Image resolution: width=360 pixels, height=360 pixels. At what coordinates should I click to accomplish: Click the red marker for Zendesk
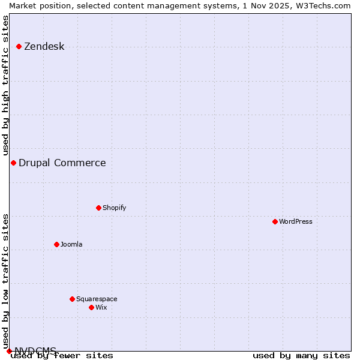coord(19,46)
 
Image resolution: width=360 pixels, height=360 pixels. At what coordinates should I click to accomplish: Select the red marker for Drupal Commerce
coord(13,163)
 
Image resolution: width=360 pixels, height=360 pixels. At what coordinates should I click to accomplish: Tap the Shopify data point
coord(98,208)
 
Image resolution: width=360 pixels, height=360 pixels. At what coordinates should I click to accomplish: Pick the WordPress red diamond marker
coord(275,221)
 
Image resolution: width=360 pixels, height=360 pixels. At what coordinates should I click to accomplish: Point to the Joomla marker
coord(56,244)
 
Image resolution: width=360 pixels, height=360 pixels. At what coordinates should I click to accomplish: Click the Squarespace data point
coord(72,299)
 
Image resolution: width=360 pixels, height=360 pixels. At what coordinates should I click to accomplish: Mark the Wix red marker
coord(91,307)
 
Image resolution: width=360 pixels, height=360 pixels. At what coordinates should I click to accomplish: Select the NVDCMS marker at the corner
coord(9,351)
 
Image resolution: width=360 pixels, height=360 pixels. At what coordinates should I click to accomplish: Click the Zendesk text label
coord(44,46)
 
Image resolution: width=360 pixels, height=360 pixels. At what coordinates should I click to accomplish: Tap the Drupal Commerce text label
coord(62,163)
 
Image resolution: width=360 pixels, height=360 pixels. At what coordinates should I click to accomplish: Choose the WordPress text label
coord(295,221)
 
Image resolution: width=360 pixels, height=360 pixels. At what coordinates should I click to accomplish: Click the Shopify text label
coord(114,208)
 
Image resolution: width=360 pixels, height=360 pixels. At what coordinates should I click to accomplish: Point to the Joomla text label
coord(71,244)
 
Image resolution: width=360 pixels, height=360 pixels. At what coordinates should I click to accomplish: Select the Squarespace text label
coord(97,299)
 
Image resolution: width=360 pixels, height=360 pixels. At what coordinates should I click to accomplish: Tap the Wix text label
coord(101,307)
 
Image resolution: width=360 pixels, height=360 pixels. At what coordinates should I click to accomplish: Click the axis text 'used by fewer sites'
coord(62,356)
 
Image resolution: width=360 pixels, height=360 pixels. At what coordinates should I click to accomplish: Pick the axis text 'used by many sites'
coord(301,356)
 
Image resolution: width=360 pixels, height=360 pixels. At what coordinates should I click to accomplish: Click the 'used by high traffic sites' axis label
coord(5,86)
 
